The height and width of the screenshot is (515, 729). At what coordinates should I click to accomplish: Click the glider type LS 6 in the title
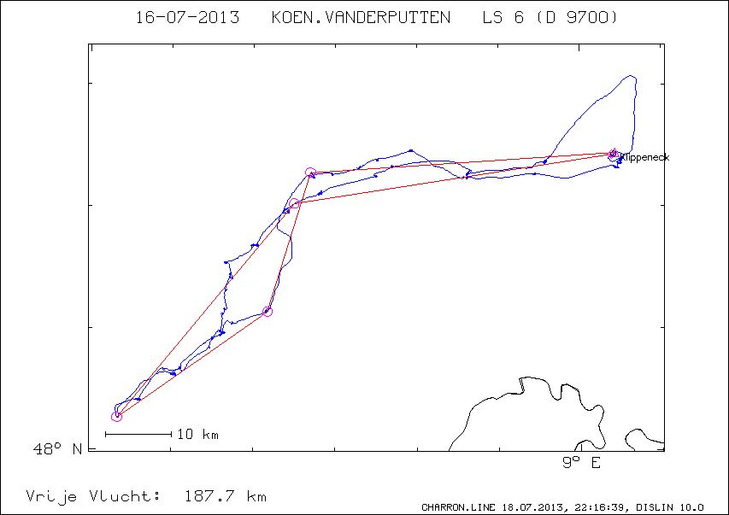click(503, 18)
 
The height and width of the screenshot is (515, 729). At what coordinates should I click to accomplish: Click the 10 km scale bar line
click(138, 434)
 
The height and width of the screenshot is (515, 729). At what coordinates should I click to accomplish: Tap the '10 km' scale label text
click(197, 435)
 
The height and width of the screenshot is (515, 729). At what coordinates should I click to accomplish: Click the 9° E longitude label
click(581, 462)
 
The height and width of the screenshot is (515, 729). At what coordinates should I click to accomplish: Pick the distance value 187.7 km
click(226, 496)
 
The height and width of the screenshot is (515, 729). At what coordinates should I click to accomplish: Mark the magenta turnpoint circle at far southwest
click(116, 416)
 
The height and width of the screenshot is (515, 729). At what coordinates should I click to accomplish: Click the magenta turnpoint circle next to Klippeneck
click(613, 154)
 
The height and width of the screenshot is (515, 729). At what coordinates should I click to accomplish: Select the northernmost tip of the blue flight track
click(632, 75)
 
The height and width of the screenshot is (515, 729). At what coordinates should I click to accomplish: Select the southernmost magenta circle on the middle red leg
click(267, 312)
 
